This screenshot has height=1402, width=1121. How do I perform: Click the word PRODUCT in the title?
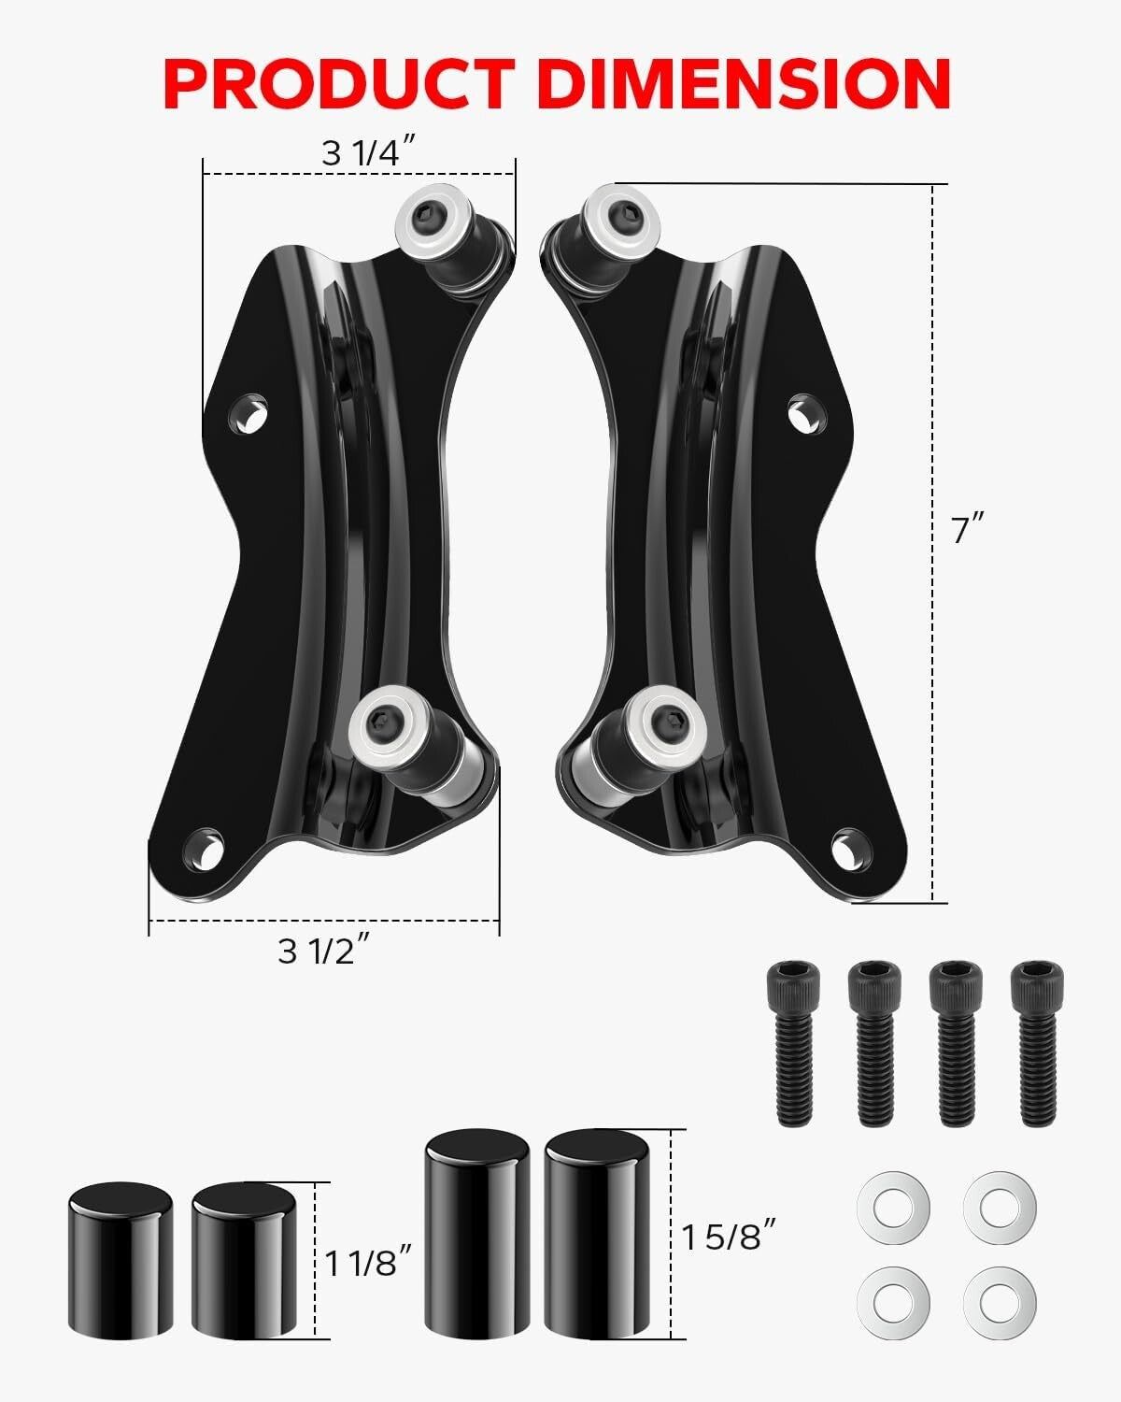pyautogui.click(x=338, y=84)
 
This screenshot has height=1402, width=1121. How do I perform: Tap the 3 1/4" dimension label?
pyautogui.click(x=367, y=152)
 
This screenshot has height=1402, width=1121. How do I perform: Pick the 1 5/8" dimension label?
pyautogui.click(x=729, y=1237)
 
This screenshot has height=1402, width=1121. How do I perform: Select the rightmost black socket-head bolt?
pyautogui.click(x=1037, y=1042)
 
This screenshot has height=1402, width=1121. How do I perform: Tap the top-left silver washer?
pyautogui.click(x=892, y=1207)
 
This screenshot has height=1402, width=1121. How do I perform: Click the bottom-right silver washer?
pyautogui.click(x=1000, y=1300)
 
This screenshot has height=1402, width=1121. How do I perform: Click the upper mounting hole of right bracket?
pyautogui.click(x=805, y=412)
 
